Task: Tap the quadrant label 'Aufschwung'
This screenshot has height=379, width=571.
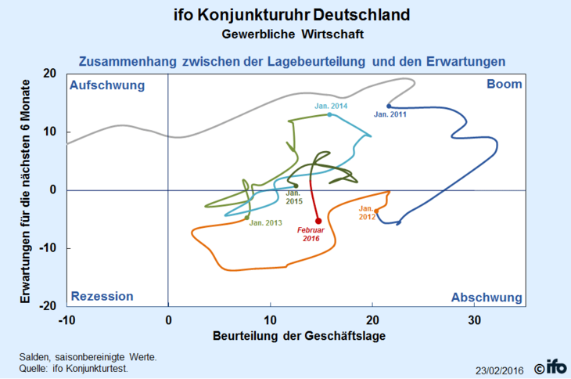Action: click(107, 85)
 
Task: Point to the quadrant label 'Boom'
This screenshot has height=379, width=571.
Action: click(504, 85)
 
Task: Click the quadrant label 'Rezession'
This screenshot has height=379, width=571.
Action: click(102, 297)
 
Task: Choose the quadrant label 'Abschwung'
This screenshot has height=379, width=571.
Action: click(487, 298)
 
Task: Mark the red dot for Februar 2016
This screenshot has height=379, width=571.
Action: click(318, 221)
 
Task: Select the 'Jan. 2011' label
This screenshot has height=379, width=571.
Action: click(391, 115)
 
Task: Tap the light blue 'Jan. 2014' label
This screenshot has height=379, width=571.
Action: click(331, 106)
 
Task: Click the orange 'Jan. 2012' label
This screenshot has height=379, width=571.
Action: click(368, 213)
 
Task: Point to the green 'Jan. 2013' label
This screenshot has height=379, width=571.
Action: click(266, 223)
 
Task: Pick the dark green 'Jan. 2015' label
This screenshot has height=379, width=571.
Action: click(293, 197)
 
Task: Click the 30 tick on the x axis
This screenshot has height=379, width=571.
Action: click(474, 320)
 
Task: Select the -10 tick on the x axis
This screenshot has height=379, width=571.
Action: click(66, 320)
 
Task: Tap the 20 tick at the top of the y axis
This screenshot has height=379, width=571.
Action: click(49, 74)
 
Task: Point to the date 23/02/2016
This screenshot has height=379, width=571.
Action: click(500, 369)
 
